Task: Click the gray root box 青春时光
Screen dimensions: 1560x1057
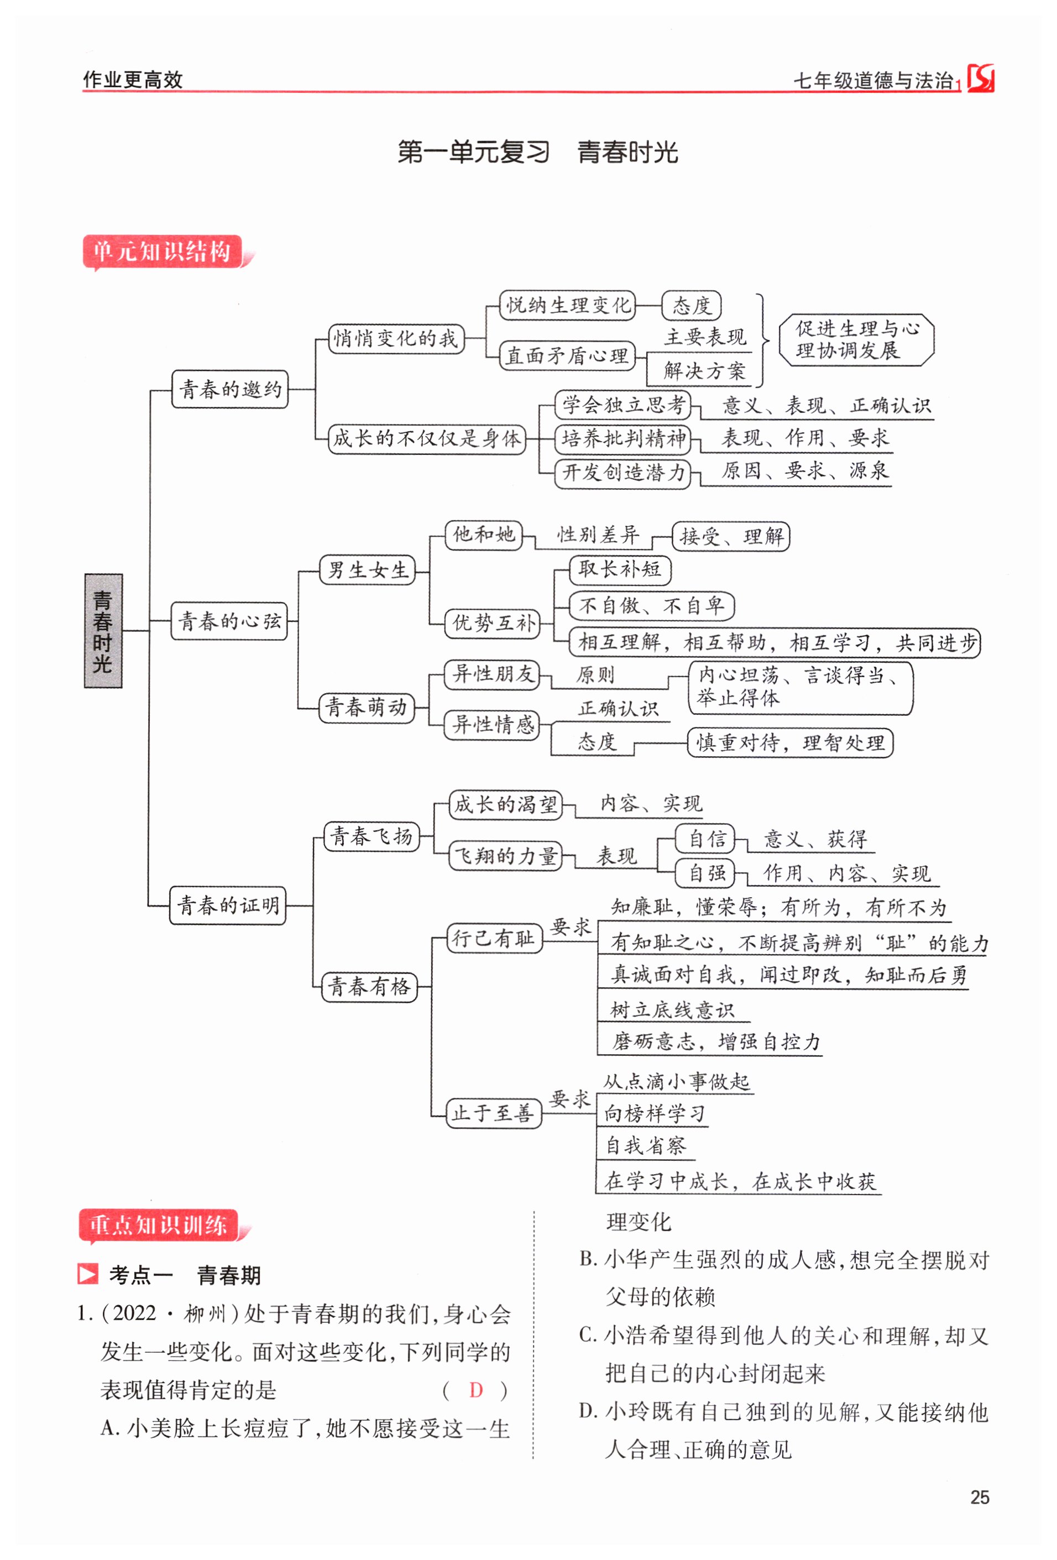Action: point(103,630)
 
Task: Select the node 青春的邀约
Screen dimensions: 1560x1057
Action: point(229,389)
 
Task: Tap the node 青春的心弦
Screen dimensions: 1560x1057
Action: point(229,621)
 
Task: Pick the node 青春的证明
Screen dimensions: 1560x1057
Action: point(228,905)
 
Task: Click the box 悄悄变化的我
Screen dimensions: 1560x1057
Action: point(396,338)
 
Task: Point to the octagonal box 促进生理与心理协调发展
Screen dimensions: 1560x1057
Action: point(856,339)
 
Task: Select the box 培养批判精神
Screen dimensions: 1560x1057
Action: point(623,438)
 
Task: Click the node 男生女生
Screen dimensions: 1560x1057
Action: point(367,570)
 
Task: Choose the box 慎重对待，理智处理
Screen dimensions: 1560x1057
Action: point(790,742)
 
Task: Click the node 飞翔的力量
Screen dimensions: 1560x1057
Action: point(505,856)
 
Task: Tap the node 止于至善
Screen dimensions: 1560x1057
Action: point(493,1113)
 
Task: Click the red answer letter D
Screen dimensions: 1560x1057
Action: point(476,1390)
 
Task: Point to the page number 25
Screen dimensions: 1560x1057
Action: point(979,1498)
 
